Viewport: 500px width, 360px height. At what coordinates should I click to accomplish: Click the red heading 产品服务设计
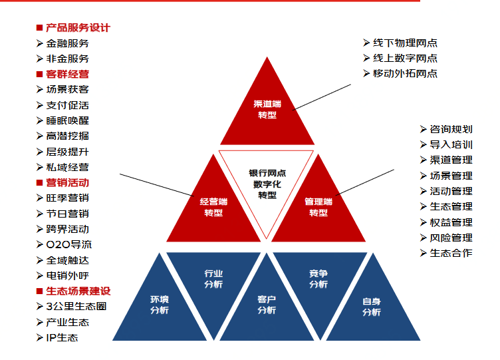click(x=78, y=28)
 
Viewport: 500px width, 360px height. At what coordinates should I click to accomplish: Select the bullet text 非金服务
click(x=68, y=59)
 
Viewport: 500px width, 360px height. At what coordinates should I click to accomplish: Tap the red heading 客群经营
click(x=68, y=74)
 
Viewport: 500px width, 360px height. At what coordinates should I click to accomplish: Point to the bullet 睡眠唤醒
click(x=68, y=120)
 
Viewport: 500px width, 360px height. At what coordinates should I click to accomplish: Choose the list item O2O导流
click(x=69, y=244)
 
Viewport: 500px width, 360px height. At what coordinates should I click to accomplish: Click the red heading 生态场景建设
click(x=78, y=291)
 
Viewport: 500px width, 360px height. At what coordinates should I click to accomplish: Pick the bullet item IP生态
click(x=62, y=337)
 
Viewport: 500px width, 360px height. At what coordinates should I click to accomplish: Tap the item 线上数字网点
click(x=406, y=58)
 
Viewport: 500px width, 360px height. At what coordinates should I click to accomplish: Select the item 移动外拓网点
click(x=406, y=73)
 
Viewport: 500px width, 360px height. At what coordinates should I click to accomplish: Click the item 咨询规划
click(x=451, y=129)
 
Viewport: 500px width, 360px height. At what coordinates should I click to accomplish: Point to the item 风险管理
click(x=451, y=238)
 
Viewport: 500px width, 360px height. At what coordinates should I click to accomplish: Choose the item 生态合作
click(x=451, y=253)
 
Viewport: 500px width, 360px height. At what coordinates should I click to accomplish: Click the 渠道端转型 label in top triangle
click(x=267, y=110)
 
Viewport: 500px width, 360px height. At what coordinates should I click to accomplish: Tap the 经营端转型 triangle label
click(x=213, y=207)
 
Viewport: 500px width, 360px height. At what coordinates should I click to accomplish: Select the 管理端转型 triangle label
click(x=318, y=207)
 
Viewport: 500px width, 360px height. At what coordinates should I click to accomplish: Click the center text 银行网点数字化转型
click(x=267, y=184)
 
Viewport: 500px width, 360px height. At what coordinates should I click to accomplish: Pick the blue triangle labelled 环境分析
click(x=160, y=305)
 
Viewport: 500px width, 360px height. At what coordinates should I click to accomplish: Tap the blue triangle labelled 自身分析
click(x=372, y=306)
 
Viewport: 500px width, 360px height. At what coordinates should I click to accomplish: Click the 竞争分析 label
click(x=318, y=279)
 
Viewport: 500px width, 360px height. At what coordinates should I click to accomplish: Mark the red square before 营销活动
click(x=39, y=182)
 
